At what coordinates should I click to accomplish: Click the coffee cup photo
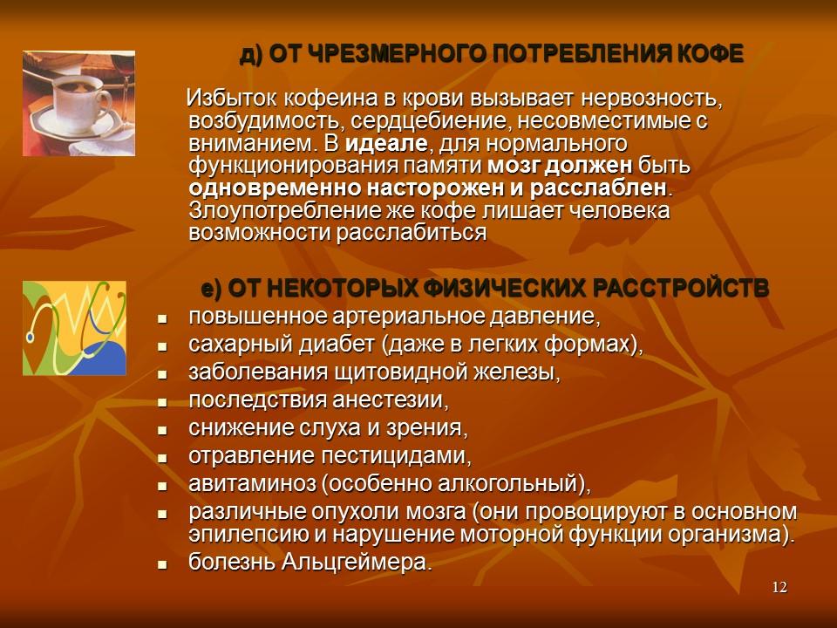(x=78, y=102)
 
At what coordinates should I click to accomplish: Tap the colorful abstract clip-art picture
(x=74, y=328)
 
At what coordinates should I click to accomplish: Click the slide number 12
(x=779, y=587)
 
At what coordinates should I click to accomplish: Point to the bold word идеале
(x=387, y=142)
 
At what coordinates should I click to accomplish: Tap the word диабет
(x=332, y=345)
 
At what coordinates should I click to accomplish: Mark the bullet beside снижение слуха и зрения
(x=162, y=430)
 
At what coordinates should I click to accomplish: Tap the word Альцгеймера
(x=357, y=563)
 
